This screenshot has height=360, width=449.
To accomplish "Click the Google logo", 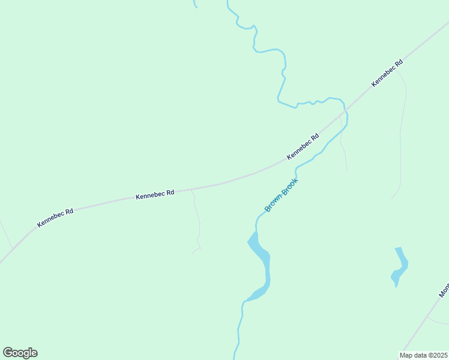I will [x=20, y=353].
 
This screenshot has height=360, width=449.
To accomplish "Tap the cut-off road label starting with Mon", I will [x=444, y=290].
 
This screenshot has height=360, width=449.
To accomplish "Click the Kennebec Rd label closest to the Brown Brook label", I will [x=303, y=146].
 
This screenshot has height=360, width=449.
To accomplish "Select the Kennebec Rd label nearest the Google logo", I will [x=55, y=218].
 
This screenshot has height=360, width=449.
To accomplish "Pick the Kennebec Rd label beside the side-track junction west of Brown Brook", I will [x=155, y=194].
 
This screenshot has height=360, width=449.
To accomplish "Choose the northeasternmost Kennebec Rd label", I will [x=387, y=73].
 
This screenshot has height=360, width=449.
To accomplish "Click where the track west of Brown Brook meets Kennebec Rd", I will [x=191, y=189].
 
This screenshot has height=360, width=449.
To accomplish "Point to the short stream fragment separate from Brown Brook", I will [x=195, y=4].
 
